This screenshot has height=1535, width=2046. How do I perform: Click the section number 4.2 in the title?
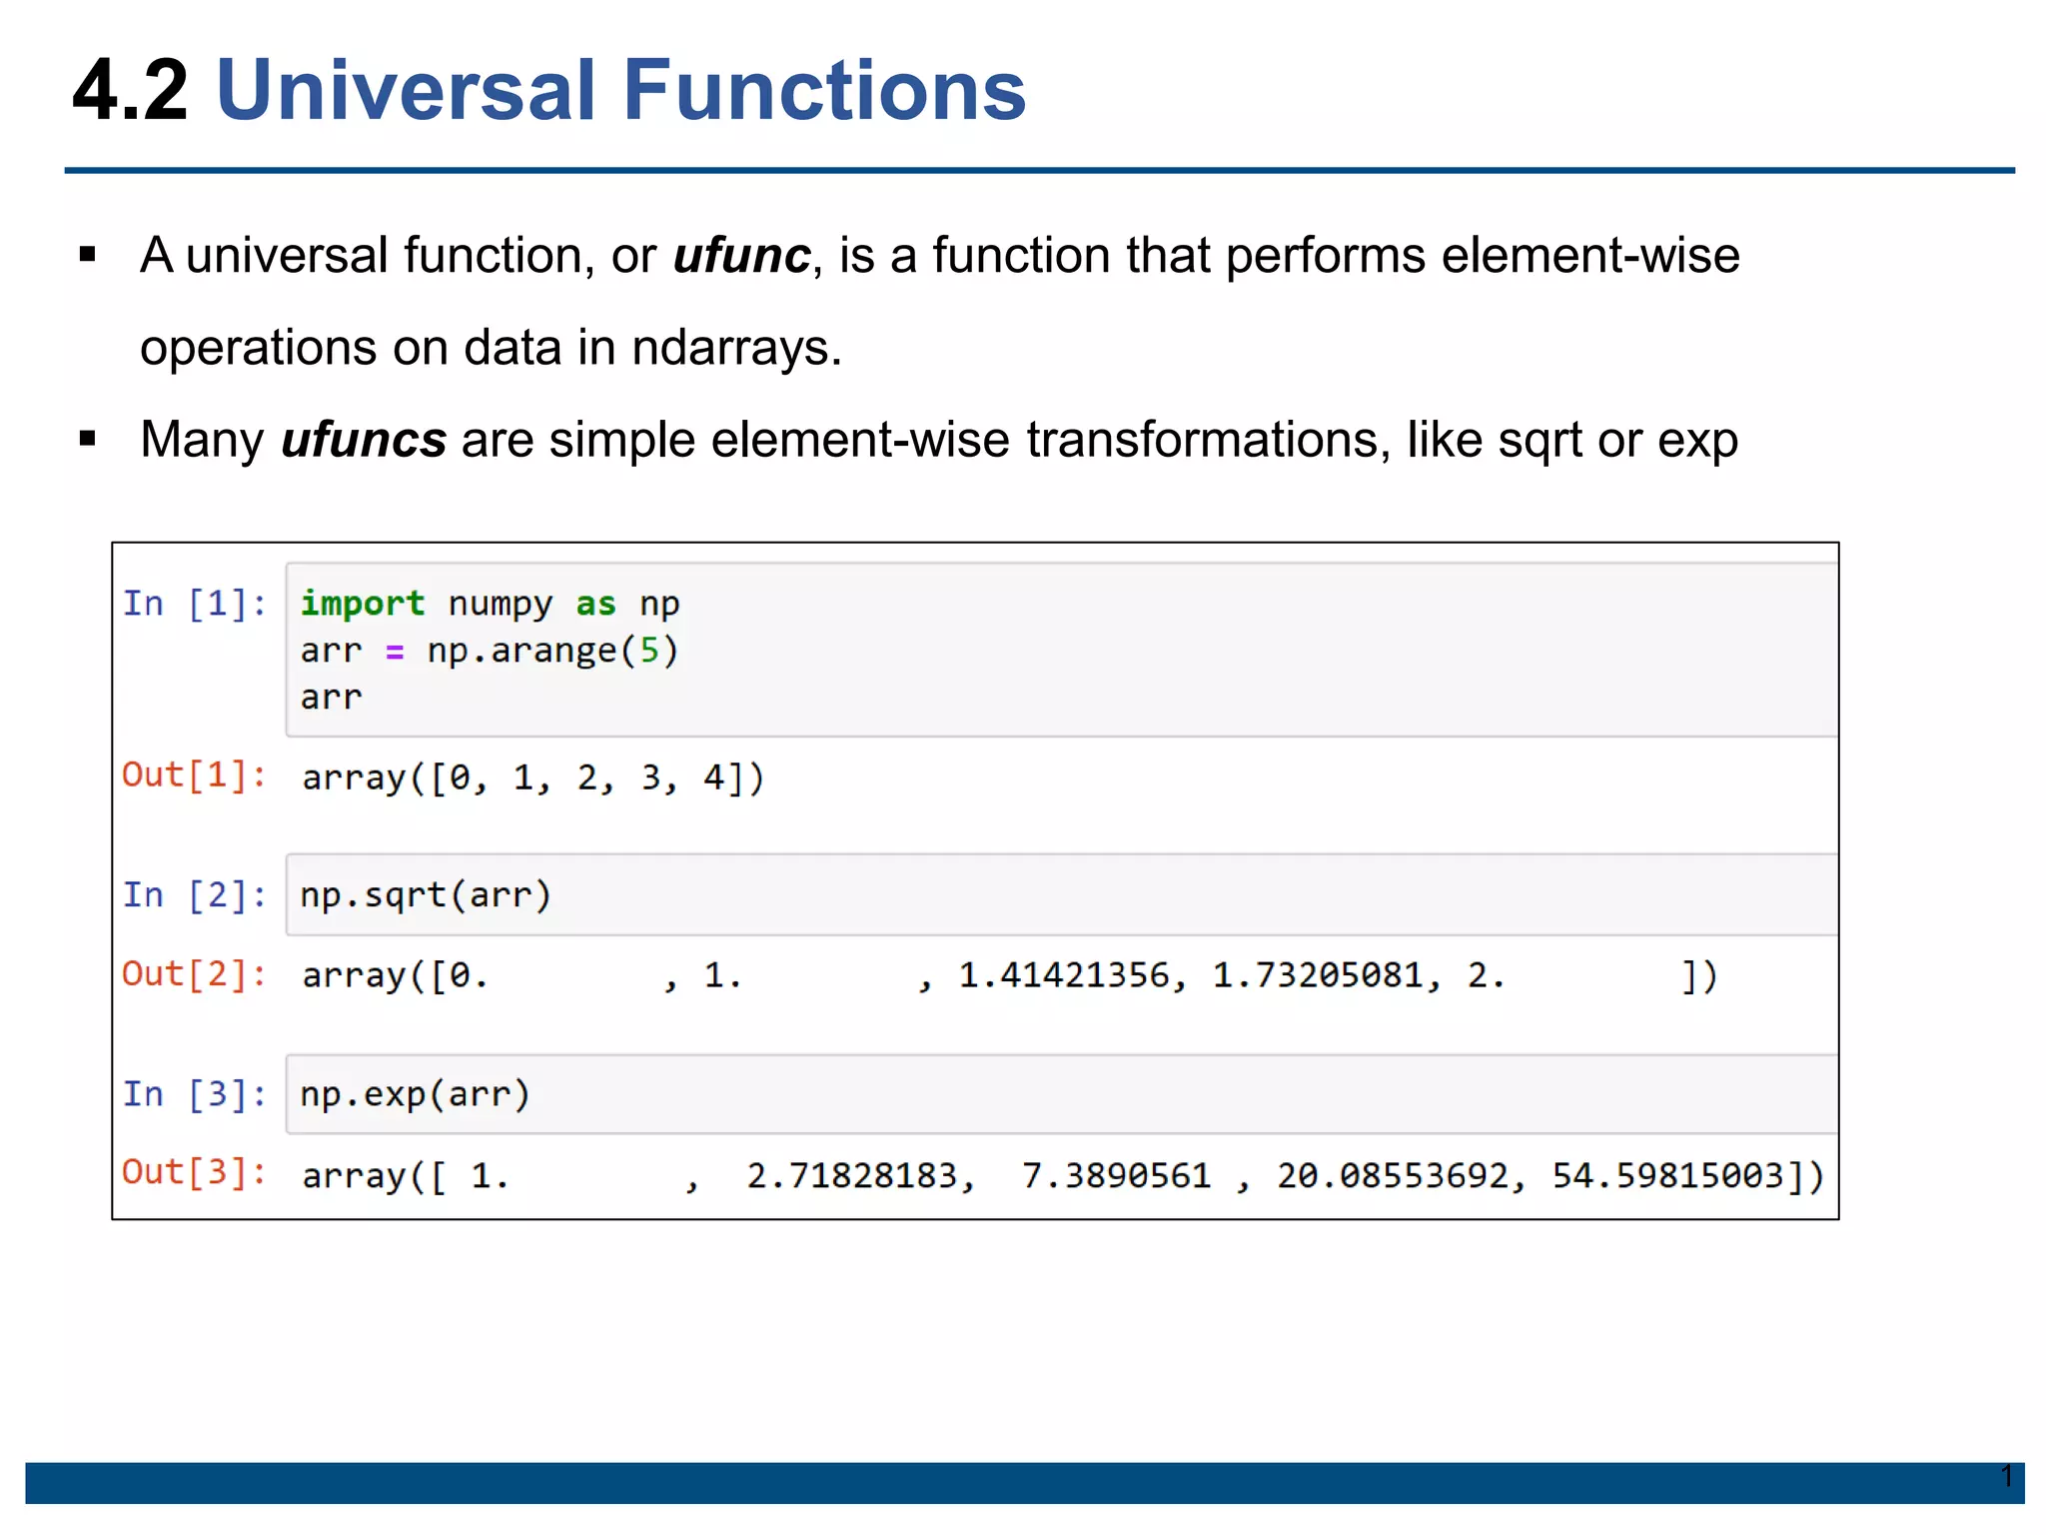click(x=130, y=91)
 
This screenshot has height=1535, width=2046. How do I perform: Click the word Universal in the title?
click(x=406, y=91)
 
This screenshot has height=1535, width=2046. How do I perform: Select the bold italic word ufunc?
click(x=740, y=256)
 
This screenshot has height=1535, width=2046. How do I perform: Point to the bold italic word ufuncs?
click(x=363, y=440)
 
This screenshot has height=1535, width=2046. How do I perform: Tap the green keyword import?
click(x=362, y=604)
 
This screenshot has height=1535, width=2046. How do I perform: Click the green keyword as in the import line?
click(x=595, y=604)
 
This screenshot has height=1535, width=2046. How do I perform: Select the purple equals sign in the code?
click(x=395, y=652)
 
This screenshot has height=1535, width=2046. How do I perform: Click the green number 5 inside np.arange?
click(x=649, y=652)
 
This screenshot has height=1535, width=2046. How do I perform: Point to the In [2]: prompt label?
click(x=194, y=895)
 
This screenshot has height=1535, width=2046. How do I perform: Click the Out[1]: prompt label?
click(x=194, y=775)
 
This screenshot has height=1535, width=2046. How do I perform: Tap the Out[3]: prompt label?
click(x=194, y=1173)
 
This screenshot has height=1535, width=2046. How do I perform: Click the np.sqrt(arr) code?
click(x=426, y=895)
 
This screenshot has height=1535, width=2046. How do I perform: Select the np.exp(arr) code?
click(x=415, y=1095)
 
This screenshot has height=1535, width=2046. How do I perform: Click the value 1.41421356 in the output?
click(x=1063, y=975)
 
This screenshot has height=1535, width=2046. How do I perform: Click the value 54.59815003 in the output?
click(x=1667, y=1176)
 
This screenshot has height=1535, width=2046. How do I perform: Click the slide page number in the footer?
click(x=2006, y=1476)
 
